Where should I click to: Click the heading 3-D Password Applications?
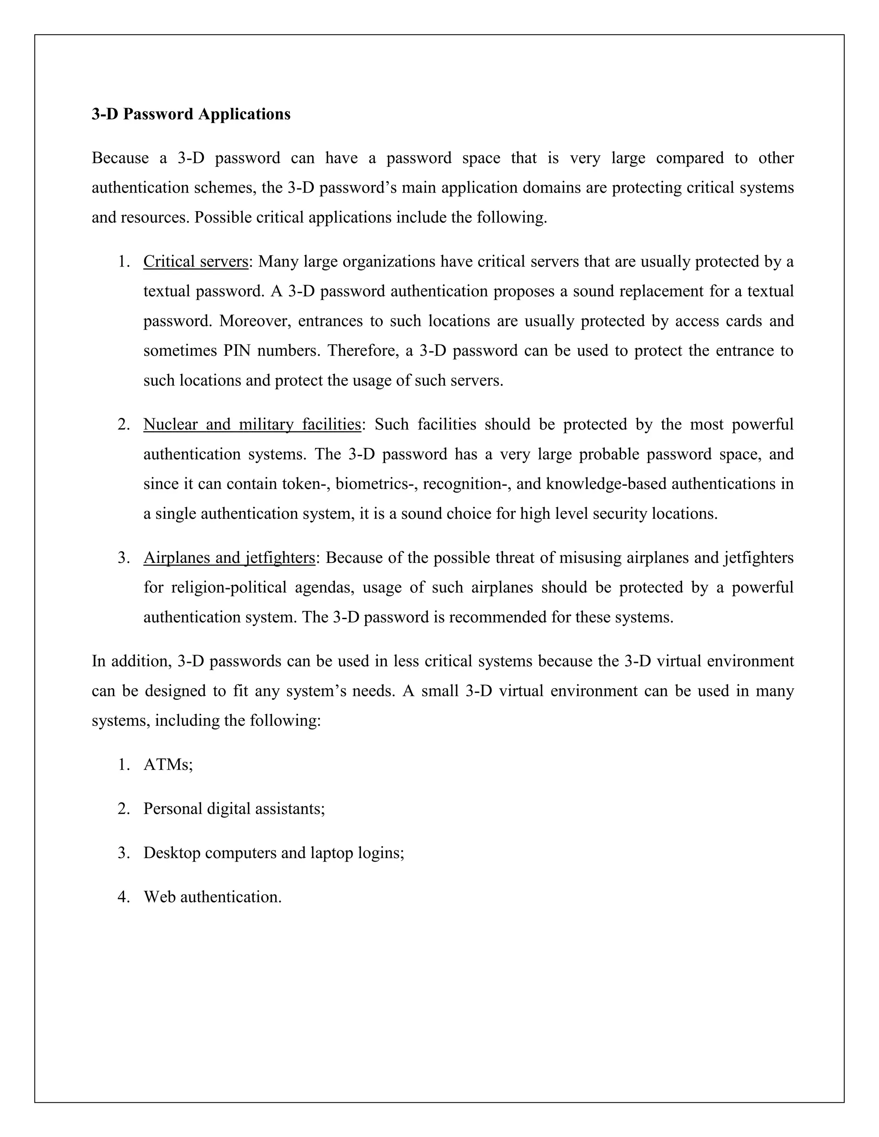click(191, 114)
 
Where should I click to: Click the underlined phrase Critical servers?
click(196, 261)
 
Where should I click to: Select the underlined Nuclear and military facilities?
click(252, 424)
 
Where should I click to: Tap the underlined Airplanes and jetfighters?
click(229, 558)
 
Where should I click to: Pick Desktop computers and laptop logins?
click(273, 853)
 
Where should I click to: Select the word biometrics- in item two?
click(376, 484)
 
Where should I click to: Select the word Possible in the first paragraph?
click(223, 217)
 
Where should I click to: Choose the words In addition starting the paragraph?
click(131, 661)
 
